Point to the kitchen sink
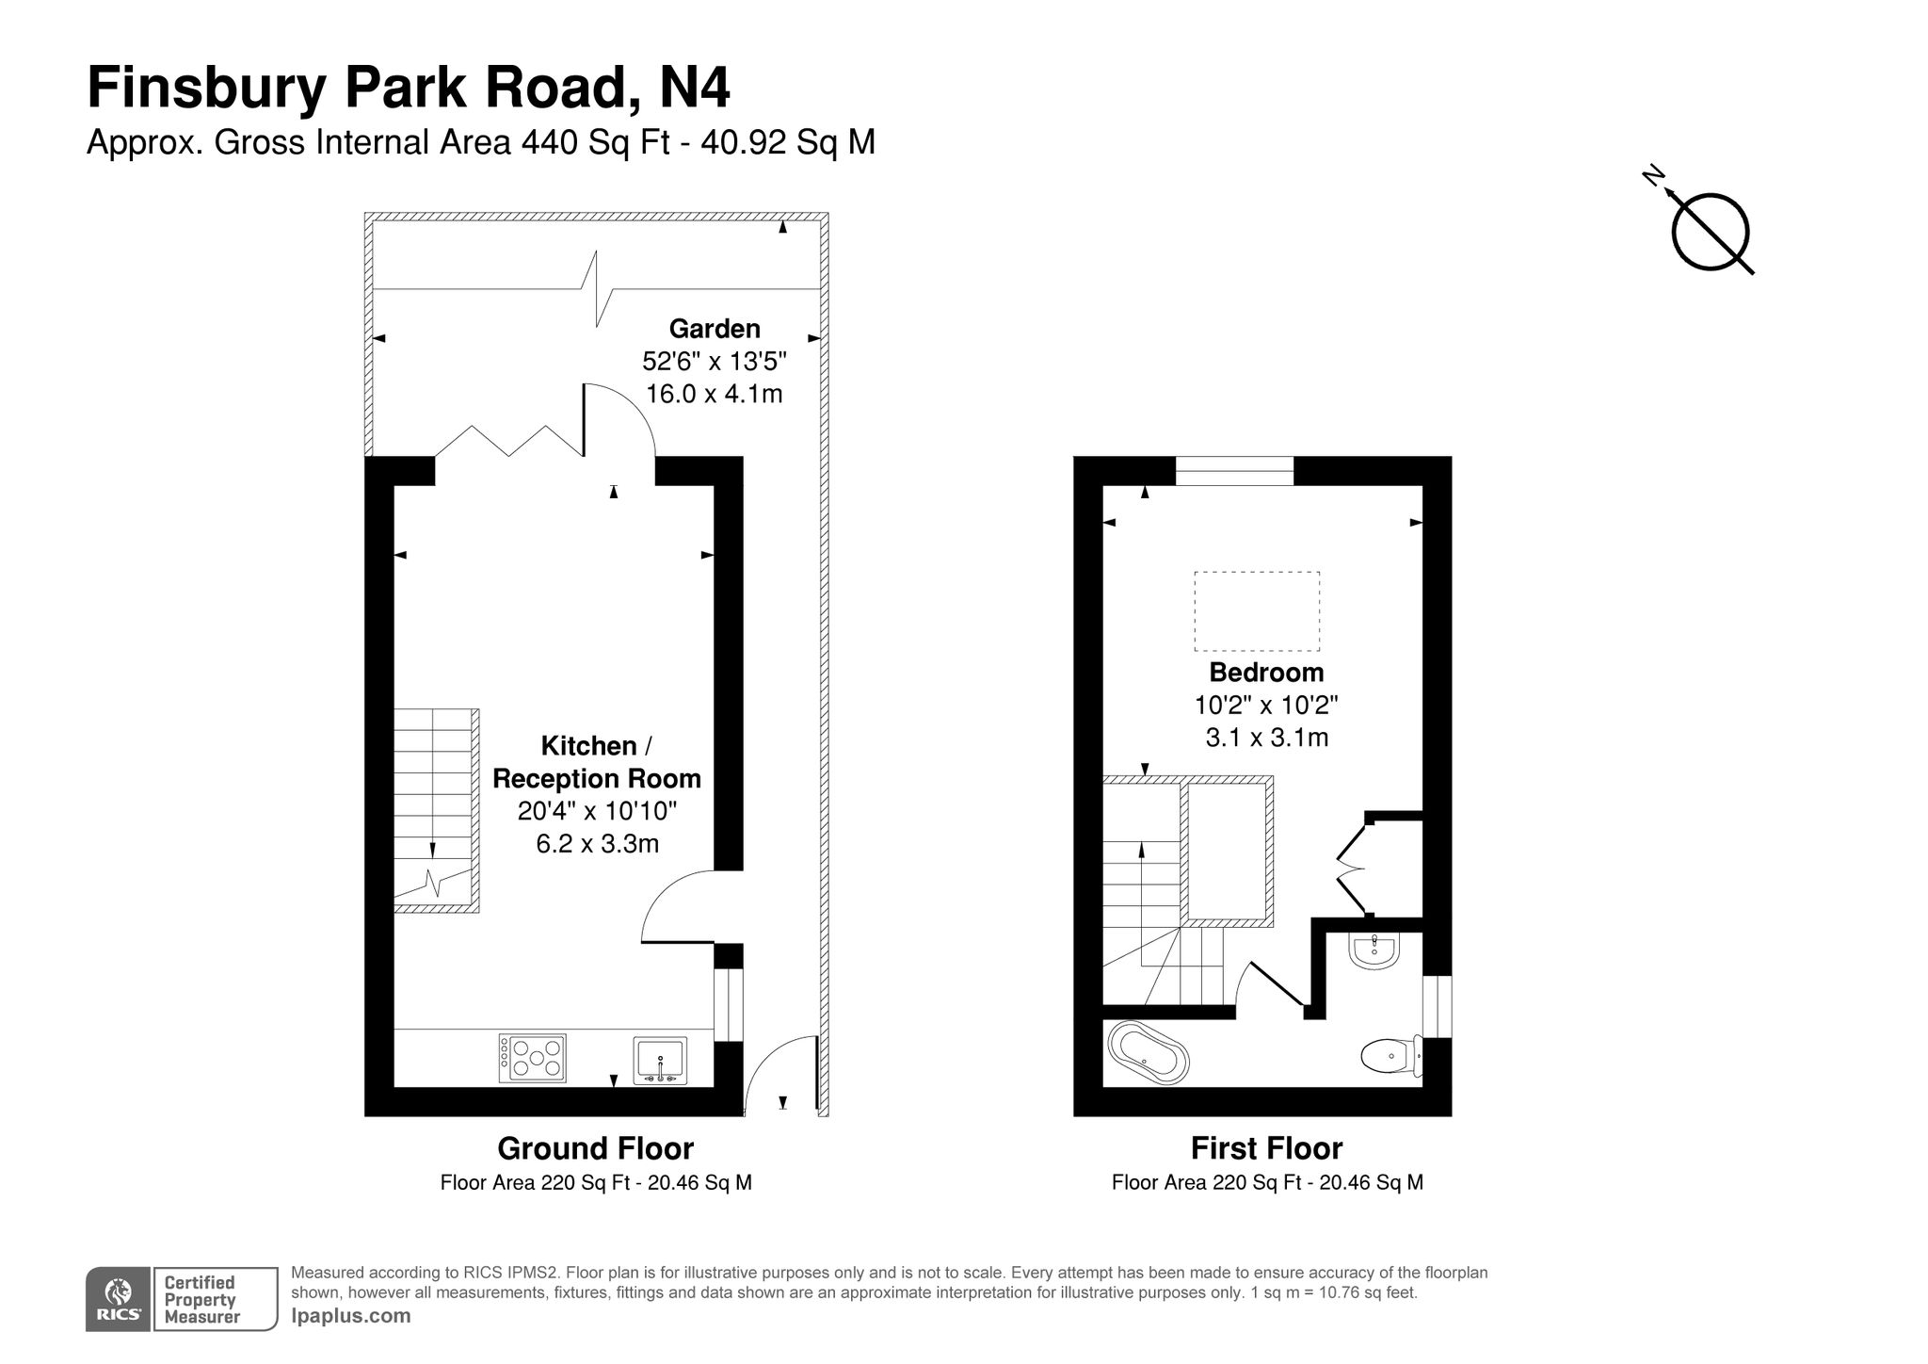coord(660,1059)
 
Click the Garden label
coord(715,329)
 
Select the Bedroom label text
coord(1266,673)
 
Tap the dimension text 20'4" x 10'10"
coord(597,811)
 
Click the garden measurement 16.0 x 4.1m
coord(715,394)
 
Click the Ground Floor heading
coord(595,1148)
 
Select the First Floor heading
coord(1266,1148)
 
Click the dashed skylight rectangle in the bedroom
coord(1257,611)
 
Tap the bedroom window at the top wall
coord(1234,470)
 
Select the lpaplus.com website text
coord(351,1316)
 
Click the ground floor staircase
coord(432,808)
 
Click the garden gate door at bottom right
coord(779,1077)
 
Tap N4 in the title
coord(694,89)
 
